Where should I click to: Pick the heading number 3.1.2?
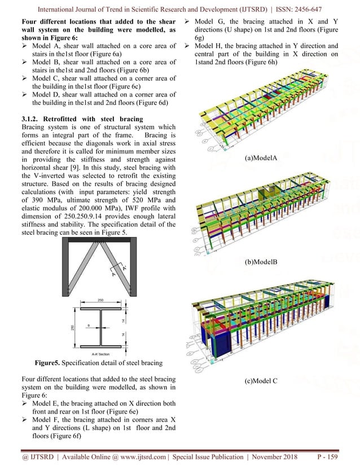17,118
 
